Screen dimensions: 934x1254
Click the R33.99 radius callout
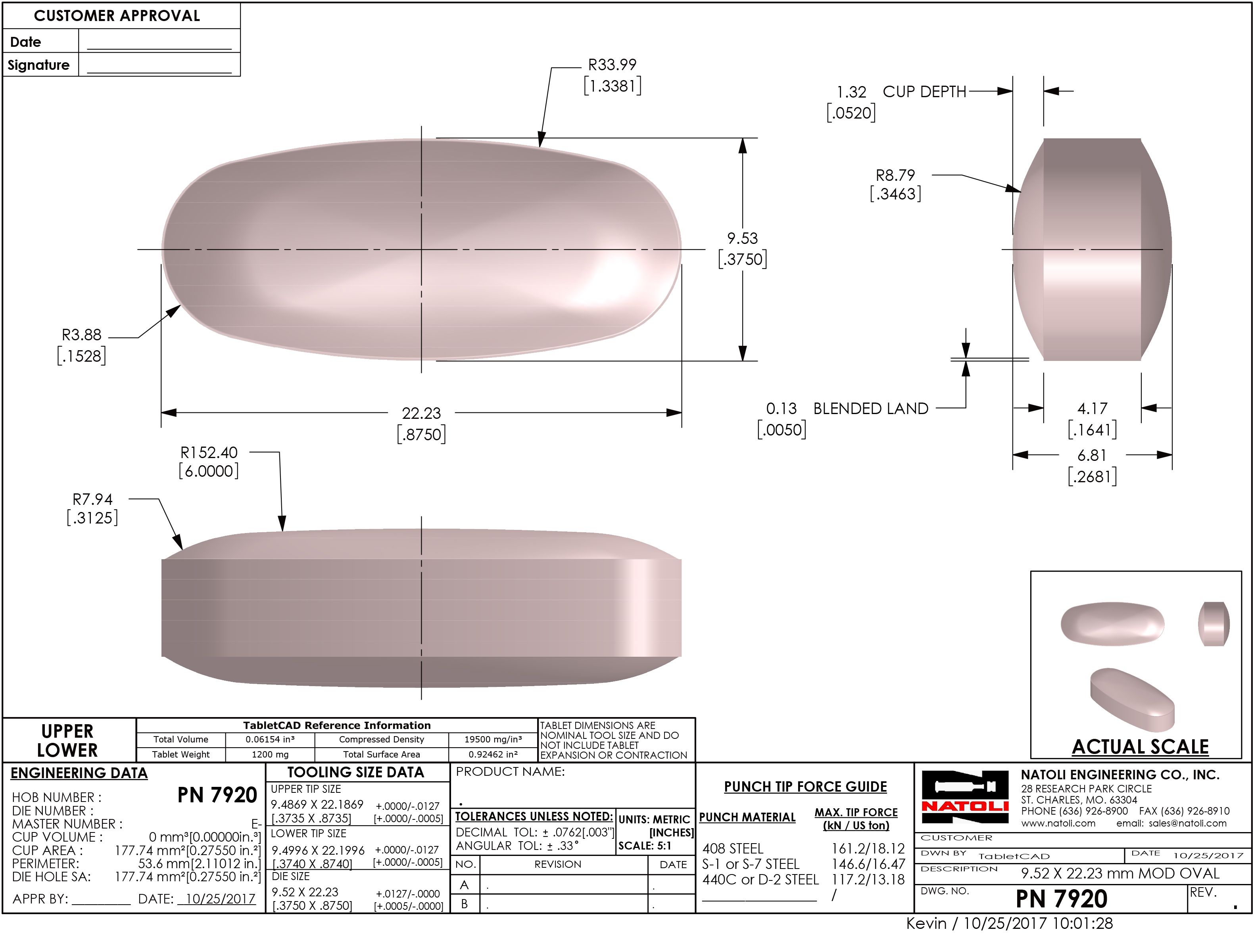click(x=612, y=65)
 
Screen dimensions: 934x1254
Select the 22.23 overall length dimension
click(x=421, y=413)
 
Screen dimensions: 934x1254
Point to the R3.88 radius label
click(x=81, y=335)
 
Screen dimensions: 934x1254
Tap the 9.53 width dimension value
click(x=742, y=239)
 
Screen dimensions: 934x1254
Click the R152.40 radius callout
click(x=209, y=453)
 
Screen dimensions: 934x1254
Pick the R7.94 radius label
click(x=92, y=500)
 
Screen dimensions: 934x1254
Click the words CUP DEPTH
click(x=924, y=92)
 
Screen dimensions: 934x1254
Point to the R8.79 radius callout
click(x=895, y=175)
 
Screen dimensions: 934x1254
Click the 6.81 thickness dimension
click(x=1091, y=456)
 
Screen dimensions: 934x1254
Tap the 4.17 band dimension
click(x=1092, y=409)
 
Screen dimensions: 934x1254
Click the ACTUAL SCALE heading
click(x=1140, y=747)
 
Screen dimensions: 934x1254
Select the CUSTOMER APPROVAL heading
click(x=117, y=16)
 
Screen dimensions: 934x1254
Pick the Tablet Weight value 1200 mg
click(x=270, y=755)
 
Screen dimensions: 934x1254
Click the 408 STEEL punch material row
click(x=733, y=849)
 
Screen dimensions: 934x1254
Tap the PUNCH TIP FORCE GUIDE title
click(x=805, y=787)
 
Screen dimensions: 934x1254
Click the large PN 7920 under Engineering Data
click(x=217, y=796)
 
